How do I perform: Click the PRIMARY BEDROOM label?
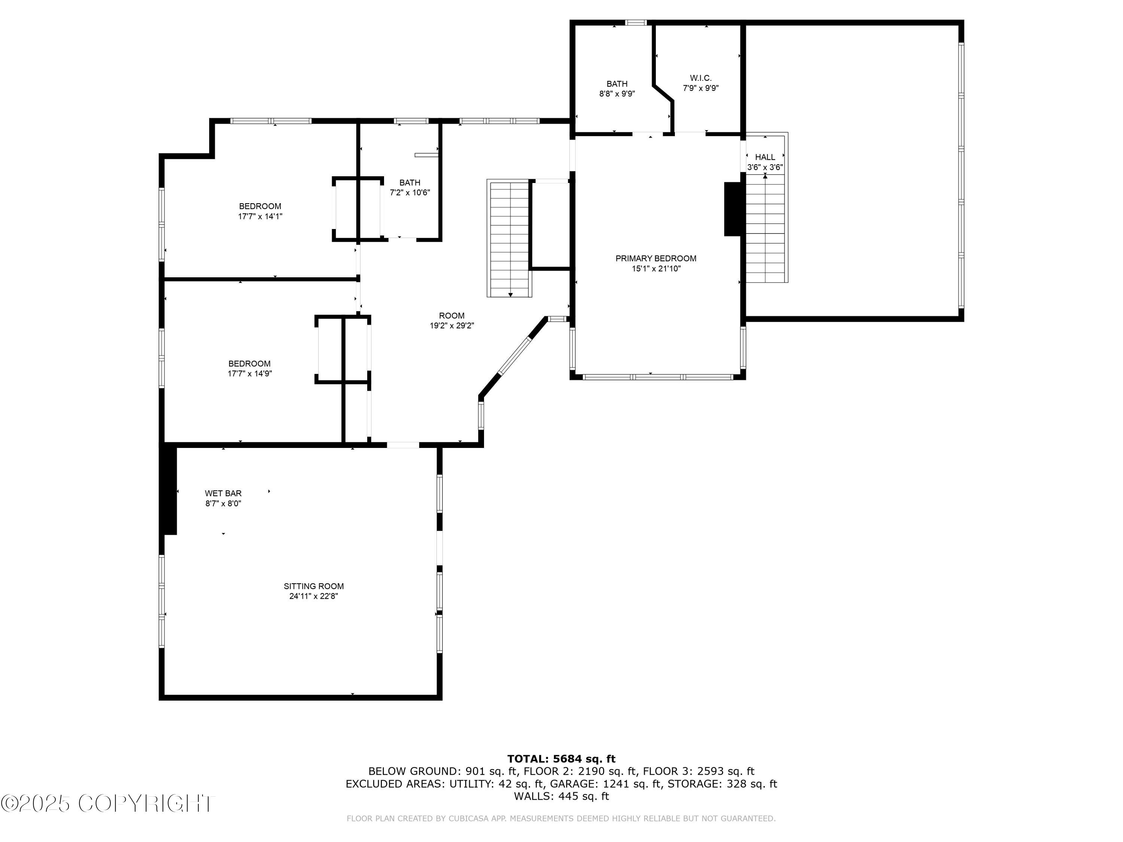coord(655,258)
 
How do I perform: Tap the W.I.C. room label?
coord(701,78)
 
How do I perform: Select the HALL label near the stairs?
coord(764,157)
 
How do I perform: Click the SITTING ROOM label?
coord(313,586)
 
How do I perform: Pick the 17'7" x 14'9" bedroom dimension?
coord(249,373)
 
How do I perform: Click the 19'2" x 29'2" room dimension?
coord(451,326)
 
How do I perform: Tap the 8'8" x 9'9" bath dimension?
coord(617,94)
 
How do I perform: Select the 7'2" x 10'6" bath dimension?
coord(410,192)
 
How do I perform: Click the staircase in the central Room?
coord(509,238)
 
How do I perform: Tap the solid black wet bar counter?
coord(168,490)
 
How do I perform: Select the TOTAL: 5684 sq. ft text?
coord(561,759)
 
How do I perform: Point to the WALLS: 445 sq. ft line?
coord(561,796)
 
